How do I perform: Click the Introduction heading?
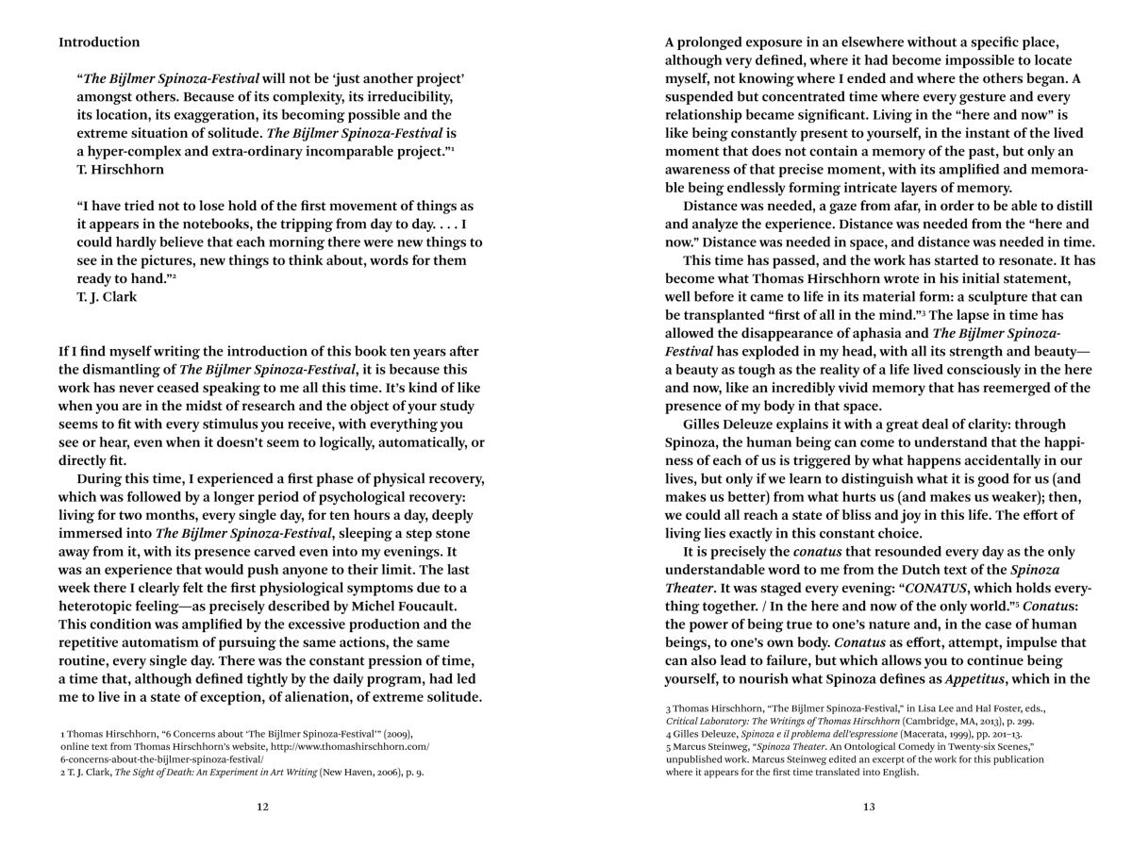click(x=99, y=42)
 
